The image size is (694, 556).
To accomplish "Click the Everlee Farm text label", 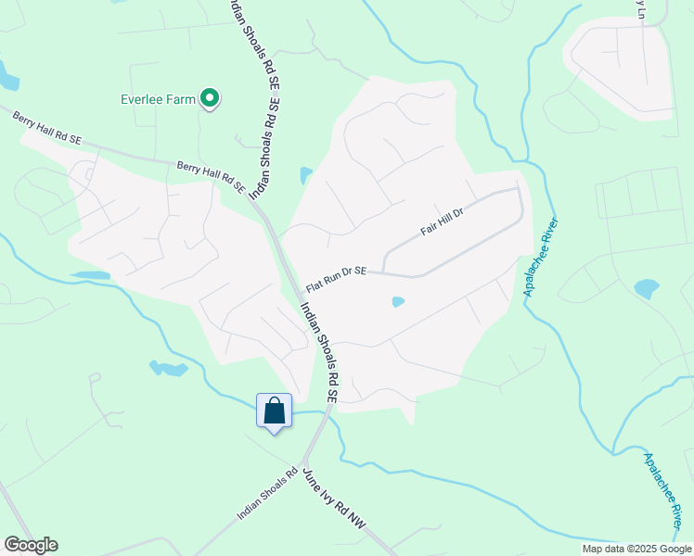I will click(160, 98).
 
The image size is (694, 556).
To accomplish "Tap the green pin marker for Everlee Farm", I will click(211, 97).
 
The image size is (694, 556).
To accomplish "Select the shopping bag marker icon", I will click(275, 411).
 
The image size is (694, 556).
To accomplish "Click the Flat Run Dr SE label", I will click(337, 279).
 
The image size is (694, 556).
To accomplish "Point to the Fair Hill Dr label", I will click(442, 221).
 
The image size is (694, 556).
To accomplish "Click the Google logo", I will click(31, 545).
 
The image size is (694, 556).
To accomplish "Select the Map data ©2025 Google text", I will click(636, 549).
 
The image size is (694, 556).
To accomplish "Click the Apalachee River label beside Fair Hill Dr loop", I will click(542, 258).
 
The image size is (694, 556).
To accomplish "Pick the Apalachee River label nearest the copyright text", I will click(664, 490).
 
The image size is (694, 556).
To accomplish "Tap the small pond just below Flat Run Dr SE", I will click(398, 301).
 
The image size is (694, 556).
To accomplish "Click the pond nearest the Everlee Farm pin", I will click(306, 174).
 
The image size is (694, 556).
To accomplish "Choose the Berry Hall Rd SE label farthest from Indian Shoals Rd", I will click(47, 126).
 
